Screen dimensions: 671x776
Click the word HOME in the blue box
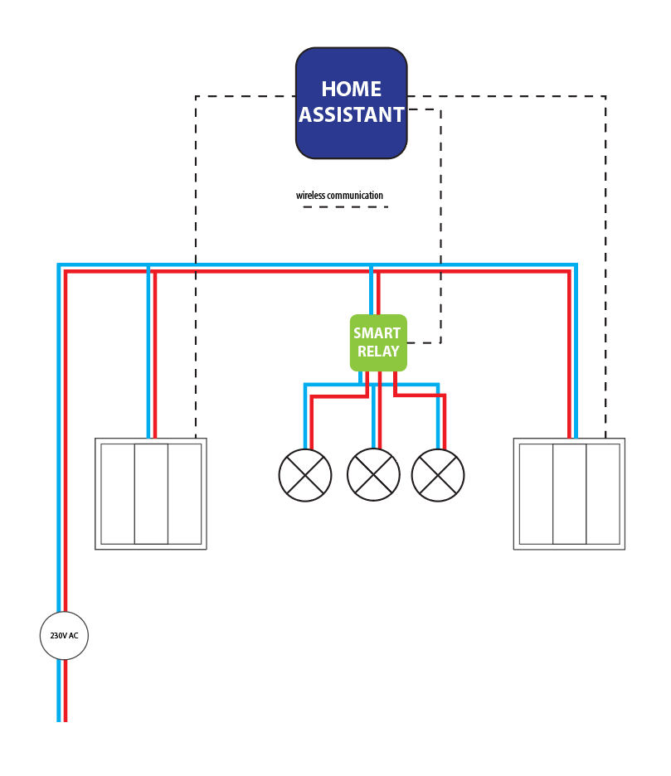tap(351, 89)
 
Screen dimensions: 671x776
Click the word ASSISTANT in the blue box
tap(351, 114)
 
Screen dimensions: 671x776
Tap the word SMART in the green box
tap(377, 333)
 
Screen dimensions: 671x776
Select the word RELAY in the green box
tap(378, 352)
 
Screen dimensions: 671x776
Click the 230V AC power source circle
tap(64, 635)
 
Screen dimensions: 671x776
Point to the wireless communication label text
tap(339, 196)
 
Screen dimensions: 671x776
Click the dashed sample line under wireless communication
tap(346, 207)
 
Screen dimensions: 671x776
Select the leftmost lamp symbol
tap(305, 475)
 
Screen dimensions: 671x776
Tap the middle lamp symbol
tap(373, 474)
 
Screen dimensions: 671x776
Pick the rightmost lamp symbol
tap(438, 475)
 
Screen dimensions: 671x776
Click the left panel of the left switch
tap(118, 494)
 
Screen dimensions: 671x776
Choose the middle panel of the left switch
tap(151, 494)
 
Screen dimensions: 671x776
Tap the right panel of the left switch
tap(185, 494)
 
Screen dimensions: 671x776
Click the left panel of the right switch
tap(537, 494)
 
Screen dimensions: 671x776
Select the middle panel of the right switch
tap(570, 494)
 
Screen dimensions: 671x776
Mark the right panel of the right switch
tap(603, 494)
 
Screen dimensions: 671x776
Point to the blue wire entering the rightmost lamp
tap(438, 415)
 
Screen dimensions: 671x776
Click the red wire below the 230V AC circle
tap(66, 691)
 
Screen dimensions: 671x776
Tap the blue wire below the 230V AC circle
tap(58, 691)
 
